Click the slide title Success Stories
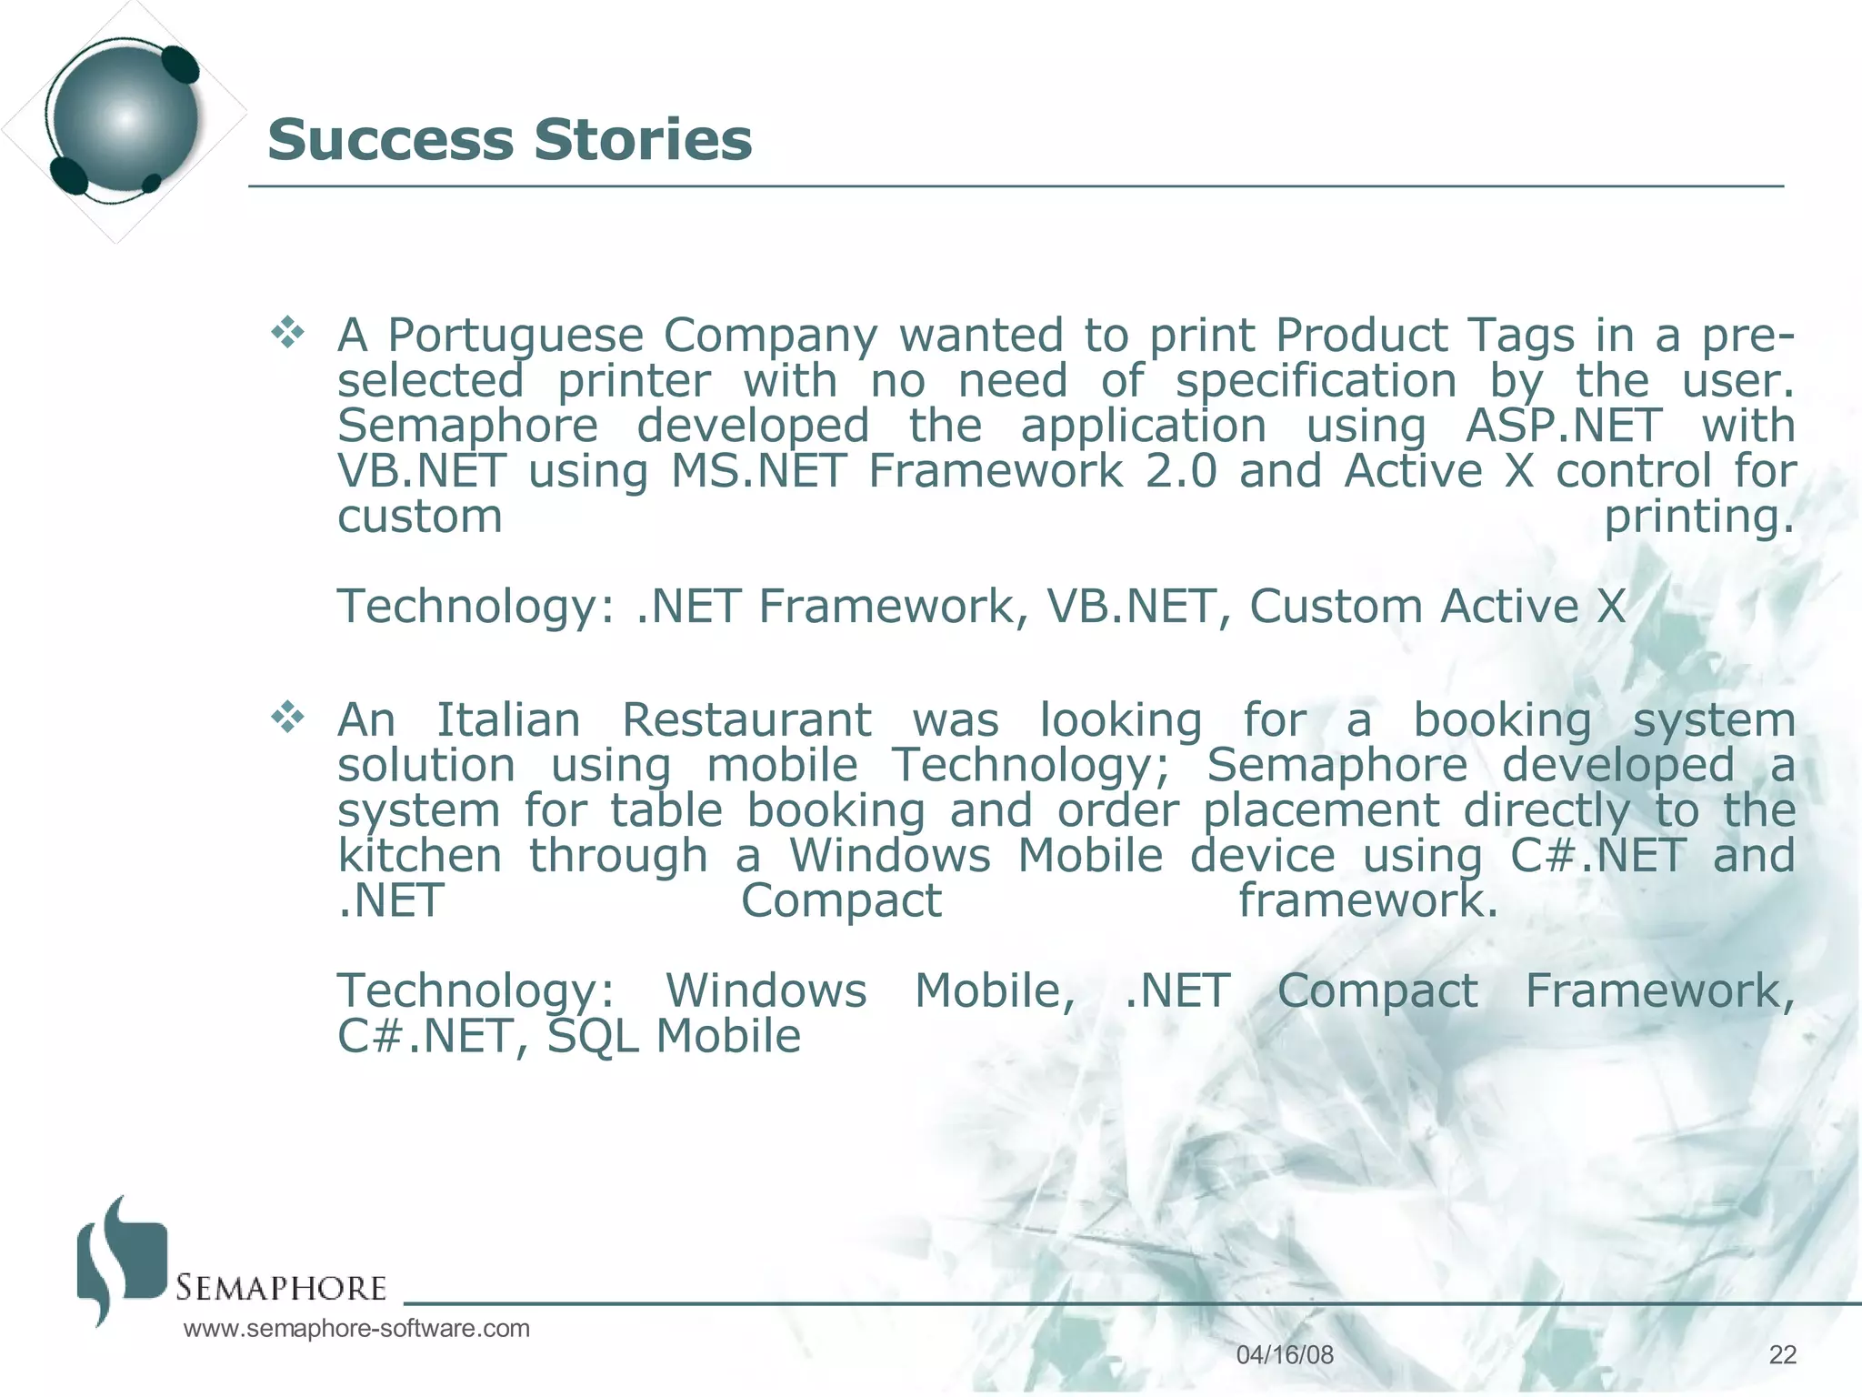pyautogui.click(x=509, y=140)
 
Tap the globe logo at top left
pyautogui.click(x=124, y=119)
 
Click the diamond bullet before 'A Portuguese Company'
pyautogui.click(x=287, y=333)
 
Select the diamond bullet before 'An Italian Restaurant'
pyautogui.click(x=287, y=718)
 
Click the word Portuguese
pyautogui.click(x=516, y=336)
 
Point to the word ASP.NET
pyautogui.click(x=1564, y=426)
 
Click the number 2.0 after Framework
pyautogui.click(x=1180, y=471)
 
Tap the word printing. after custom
pyautogui.click(x=1698, y=518)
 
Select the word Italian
pyautogui.click(x=508, y=720)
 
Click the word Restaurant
pyautogui.click(x=746, y=720)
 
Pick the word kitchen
pyautogui.click(x=419, y=856)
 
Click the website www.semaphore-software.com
pyautogui.click(x=356, y=1329)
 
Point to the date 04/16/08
pyautogui.click(x=1285, y=1355)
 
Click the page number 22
pyautogui.click(x=1782, y=1355)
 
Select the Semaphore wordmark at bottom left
pyautogui.click(x=281, y=1288)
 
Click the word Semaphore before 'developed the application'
pyautogui.click(x=467, y=426)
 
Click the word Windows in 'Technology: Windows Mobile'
pyautogui.click(x=766, y=991)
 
